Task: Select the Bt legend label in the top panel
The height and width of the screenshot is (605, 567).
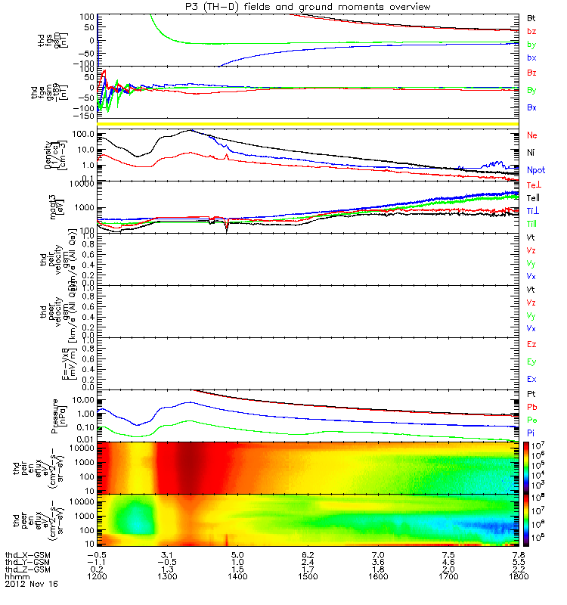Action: point(532,17)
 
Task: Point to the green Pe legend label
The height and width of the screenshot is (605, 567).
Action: point(532,419)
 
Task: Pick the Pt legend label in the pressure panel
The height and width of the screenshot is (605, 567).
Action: point(532,395)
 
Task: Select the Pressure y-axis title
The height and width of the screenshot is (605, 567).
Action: point(52,414)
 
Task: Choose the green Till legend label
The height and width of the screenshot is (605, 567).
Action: point(532,225)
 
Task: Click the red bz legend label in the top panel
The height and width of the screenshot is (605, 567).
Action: point(532,31)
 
